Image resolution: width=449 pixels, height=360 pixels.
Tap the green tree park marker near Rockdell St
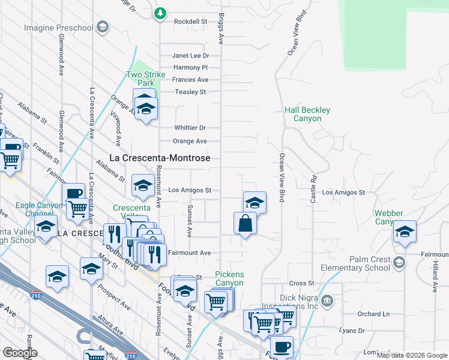tap(160, 13)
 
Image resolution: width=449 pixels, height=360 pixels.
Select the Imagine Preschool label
tap(59, 28)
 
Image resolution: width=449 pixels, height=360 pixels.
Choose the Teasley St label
tap(190, 92)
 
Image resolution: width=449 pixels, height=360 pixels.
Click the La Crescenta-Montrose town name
tap(160, 158)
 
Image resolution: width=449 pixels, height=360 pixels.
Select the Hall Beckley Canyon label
tap(307, 115)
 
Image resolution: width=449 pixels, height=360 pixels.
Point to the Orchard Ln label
tap(373, 314)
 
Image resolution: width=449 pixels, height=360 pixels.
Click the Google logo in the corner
tap(20, 353)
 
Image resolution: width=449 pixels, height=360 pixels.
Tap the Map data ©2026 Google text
tap(412, 355)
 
